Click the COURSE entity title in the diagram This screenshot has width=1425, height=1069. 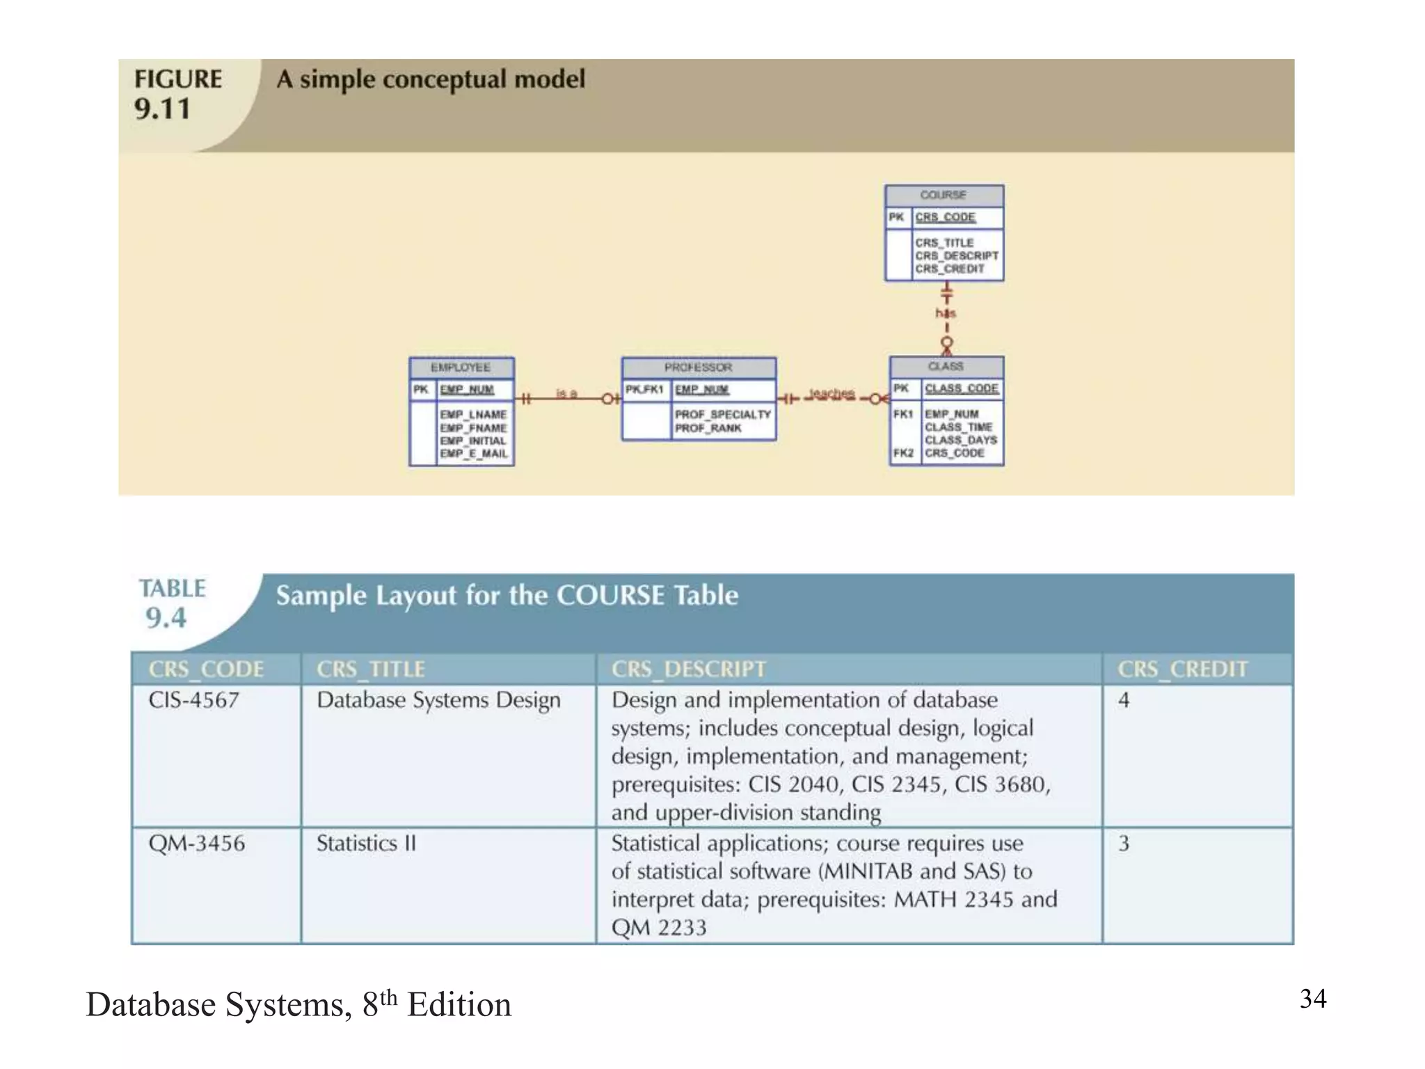(x=943, y=195)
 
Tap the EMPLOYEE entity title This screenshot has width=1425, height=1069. (x=461, y=367)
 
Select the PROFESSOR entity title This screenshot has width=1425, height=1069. (x=698, y=367)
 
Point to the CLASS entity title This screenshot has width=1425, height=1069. (x=946, y=366)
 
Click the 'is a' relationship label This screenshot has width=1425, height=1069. (x=566, y=394)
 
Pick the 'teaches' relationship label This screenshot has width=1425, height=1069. (x=831, y=394)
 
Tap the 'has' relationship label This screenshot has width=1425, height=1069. (x=946, y=313)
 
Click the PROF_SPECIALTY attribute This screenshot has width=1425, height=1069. (x=723, y=415)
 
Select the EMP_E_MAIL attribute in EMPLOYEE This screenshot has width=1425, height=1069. (x=473, y=454)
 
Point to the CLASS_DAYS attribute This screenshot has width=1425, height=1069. (x=960, y=440)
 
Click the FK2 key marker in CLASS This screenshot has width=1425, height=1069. (x=903, y=453)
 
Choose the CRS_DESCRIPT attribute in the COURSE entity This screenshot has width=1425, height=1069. (x=957, y=255)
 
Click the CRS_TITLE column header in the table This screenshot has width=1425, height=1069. (x=371, y=669)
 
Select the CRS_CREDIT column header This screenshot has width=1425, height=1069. (x=1182, y=669)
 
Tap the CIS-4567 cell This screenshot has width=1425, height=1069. (x=194, y=700)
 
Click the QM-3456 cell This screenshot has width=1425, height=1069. (x=197, y=844)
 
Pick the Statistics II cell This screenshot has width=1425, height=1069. (x=366, y=844)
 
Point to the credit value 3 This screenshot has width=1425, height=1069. (x=1124, y=844)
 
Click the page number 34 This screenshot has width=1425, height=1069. (x=1313, y=999)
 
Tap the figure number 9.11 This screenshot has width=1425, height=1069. (x=163, y=109)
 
